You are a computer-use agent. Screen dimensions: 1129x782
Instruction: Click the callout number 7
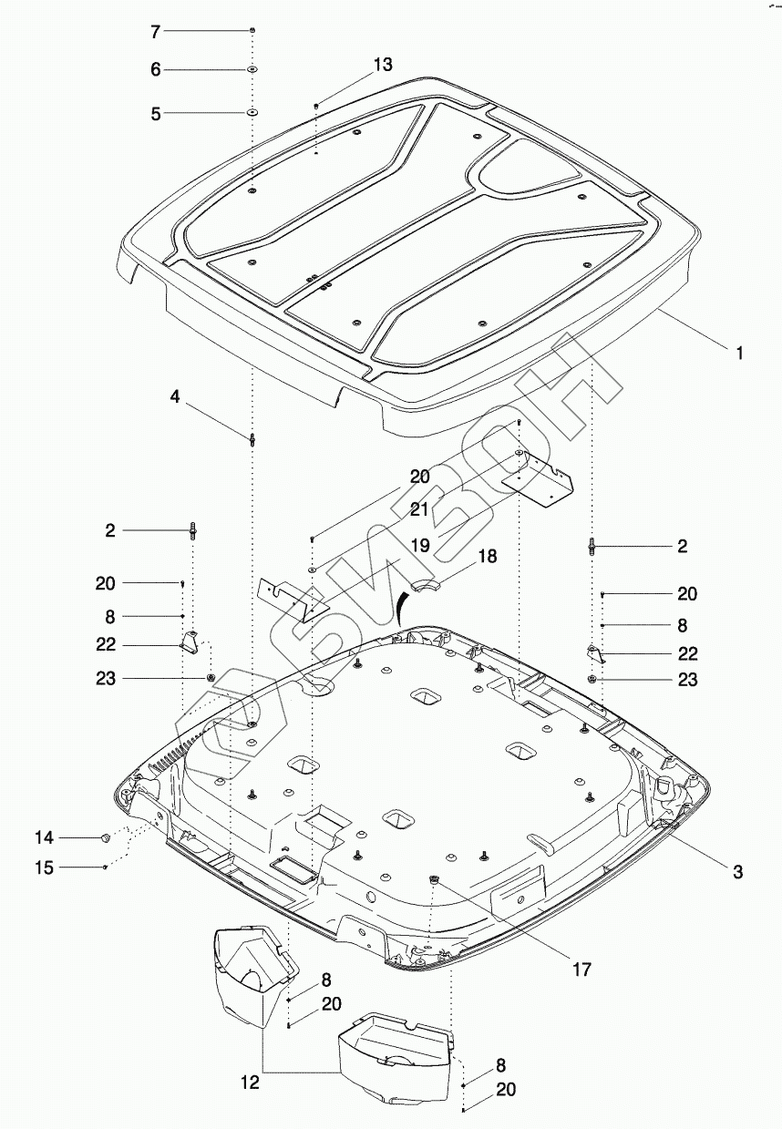point(155,32)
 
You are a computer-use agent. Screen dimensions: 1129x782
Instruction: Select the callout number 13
point(383,65)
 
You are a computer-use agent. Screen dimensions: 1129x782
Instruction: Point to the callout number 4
point(174,397)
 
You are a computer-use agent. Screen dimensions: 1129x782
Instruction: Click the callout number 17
point(580,970)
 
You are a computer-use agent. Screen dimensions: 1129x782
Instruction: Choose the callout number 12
point(250,1083)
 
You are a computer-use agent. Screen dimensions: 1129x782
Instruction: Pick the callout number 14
point(45,837)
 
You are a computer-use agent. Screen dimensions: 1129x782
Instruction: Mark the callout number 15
point(45,868)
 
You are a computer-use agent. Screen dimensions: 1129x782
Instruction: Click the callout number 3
point(738,872)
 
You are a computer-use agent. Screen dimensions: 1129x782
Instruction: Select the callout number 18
point(488,556)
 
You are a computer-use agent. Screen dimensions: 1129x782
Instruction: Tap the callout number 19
point(418,545)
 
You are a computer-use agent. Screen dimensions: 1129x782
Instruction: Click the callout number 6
point(155,70)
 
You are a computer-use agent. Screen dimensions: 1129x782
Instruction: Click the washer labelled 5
point(251,112)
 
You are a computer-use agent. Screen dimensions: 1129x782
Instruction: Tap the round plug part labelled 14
point(106,836)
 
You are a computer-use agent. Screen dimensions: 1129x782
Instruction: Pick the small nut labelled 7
point(252,31)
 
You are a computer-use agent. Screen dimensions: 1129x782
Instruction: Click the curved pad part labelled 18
point(427,583)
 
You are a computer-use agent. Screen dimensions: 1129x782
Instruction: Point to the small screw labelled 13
point(316,107)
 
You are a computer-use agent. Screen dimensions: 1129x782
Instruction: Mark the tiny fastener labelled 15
point(107,867)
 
